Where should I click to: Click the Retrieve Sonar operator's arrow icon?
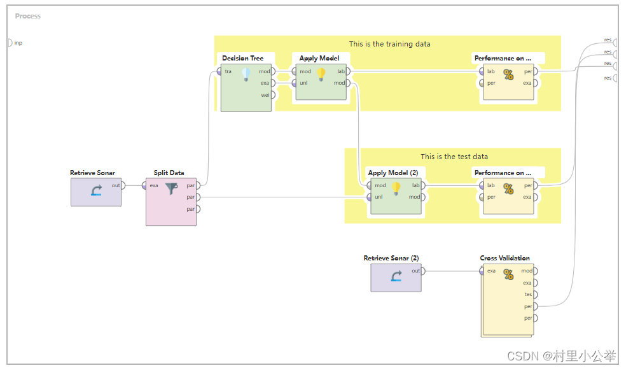(x=96, y=190)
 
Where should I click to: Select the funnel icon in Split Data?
(x=172, y=188)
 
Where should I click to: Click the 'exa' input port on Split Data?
(x=146, y=185)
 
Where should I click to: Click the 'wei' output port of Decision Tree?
(x=272, y=95)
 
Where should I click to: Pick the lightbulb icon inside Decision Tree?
(x=246, y=74)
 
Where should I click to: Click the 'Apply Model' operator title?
(x=319, y=58)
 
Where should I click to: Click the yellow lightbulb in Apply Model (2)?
(x=396, y=188)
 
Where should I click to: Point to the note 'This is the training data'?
(x=389, y=44)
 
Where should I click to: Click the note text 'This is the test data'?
(x=454, y=157)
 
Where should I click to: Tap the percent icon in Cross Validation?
(x=508, y=274)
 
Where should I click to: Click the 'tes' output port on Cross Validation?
(x=535, y=294)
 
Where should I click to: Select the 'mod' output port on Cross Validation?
(x=535, y=271)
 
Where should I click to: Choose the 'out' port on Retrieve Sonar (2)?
(x=423, y=271)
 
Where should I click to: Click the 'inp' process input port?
(x=10, y=43)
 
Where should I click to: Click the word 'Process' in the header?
(x=28, y=16)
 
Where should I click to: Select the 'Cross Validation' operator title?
(x=504, y=258)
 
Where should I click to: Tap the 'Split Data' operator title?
(x=169, y=173)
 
